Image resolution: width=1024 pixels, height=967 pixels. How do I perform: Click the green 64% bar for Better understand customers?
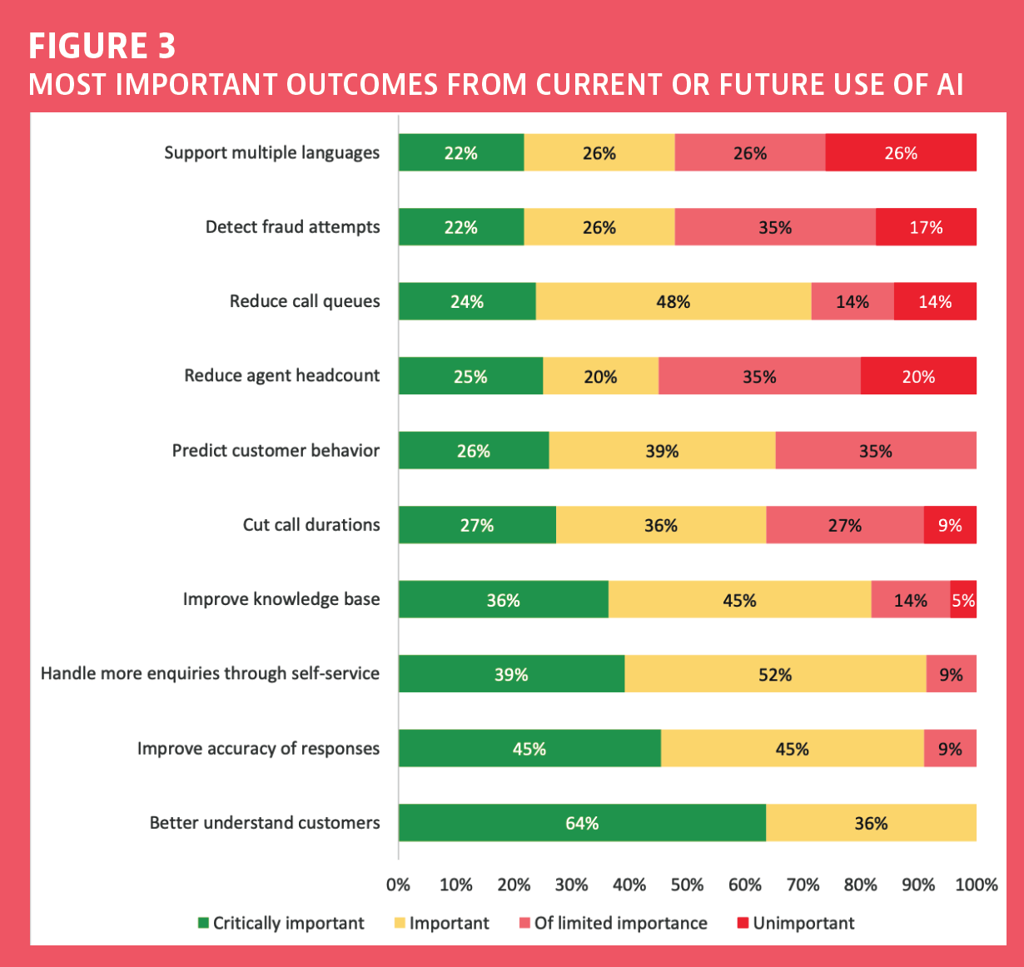point(582,823)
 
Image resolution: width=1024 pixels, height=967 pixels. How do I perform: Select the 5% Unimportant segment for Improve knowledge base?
point(963,599)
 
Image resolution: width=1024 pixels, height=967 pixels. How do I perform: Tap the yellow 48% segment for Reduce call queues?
point(674,301)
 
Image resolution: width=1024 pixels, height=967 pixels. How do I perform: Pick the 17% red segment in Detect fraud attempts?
point(926,227)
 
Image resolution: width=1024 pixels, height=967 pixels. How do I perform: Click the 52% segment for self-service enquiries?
point(775,674)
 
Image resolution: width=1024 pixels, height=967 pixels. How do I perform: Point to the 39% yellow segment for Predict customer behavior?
point(662,450)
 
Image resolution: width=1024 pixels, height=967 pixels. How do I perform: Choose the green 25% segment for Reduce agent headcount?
point(470,376)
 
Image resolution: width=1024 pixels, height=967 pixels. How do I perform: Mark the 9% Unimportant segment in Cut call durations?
point(950,525)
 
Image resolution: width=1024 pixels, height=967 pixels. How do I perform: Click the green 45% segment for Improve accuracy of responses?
point(529,748)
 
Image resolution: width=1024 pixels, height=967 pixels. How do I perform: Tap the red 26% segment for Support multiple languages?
point(901,152)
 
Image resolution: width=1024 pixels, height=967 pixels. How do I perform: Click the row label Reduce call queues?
point(304,301)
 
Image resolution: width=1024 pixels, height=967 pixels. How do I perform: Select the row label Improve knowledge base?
point(281,599)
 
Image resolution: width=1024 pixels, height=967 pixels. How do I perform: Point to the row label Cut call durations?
point(311,525)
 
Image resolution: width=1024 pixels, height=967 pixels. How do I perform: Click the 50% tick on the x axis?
point(687,885)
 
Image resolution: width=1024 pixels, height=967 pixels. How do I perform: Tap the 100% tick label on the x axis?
point(977,885)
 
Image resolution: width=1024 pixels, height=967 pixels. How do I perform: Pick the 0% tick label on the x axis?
point(398,885)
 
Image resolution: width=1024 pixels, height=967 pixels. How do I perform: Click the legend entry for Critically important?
point(281,923)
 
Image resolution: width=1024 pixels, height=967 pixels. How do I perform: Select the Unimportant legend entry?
point(796,923)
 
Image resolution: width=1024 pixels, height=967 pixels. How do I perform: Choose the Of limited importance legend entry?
point(613,923)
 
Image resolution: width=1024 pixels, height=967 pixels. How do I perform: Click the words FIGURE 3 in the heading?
point(102,46)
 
